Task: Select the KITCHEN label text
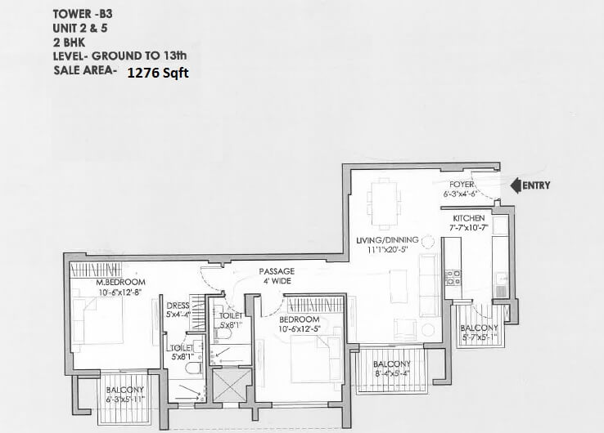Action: coord(469,219)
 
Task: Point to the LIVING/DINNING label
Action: coord(387,239)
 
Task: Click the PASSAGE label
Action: coord(276,272)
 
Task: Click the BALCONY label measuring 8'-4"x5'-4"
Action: coord(391,364)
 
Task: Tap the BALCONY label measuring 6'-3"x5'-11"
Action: coord(125,390)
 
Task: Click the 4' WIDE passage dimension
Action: coord(276,282)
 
